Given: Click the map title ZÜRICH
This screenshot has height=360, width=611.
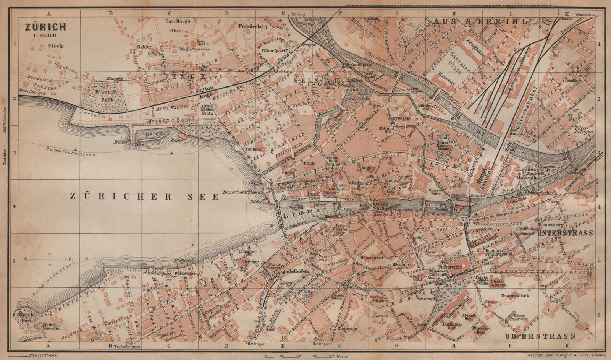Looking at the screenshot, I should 45,27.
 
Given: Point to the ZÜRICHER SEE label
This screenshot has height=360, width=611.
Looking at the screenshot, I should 144,197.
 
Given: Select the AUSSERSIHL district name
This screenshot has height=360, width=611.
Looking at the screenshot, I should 480,21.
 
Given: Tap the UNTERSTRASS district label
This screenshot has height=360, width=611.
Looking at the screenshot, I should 565,233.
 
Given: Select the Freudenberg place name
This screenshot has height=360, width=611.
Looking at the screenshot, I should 253,27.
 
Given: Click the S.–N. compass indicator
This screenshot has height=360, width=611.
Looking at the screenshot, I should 50,259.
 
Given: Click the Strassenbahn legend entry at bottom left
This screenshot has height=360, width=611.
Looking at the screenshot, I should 38,355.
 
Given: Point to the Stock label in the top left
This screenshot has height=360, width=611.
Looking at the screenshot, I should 56,46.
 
